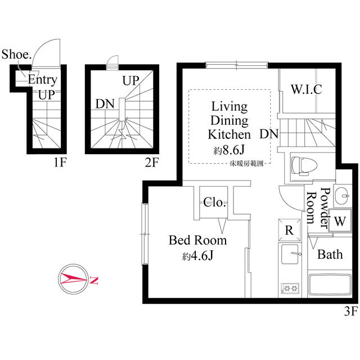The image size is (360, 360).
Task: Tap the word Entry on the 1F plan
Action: click(x=42, y=80)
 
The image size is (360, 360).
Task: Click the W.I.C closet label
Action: click(x=306, y=89)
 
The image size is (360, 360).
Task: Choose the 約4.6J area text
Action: click(x=197, y=256)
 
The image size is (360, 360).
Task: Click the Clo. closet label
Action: click(x=214, y=202)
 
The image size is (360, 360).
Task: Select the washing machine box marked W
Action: click(x=339, y=220)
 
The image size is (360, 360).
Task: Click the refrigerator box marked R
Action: click(x=288, y=230)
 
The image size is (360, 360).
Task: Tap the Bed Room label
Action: click(x=198, y=241)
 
